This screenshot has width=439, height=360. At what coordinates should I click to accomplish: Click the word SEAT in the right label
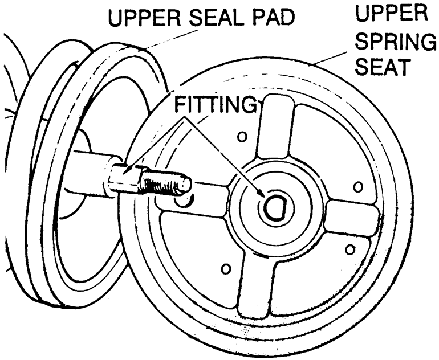[383, 66]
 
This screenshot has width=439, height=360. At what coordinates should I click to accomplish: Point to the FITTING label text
[215, 104]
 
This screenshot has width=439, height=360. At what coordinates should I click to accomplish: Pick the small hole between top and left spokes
[242, 137]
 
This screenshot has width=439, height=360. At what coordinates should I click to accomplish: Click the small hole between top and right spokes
[358, 187]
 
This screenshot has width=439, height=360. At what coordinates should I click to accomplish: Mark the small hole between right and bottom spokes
[350, 249]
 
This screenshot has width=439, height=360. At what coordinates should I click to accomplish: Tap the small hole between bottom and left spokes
[226, 269]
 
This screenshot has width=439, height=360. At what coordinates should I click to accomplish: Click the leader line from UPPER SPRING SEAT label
[331, 58]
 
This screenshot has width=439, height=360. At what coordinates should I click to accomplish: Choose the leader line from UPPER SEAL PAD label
[170, 40]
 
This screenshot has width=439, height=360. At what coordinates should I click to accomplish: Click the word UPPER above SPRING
[392, 13]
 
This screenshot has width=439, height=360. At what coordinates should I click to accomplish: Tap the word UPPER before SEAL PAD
[144, 17]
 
